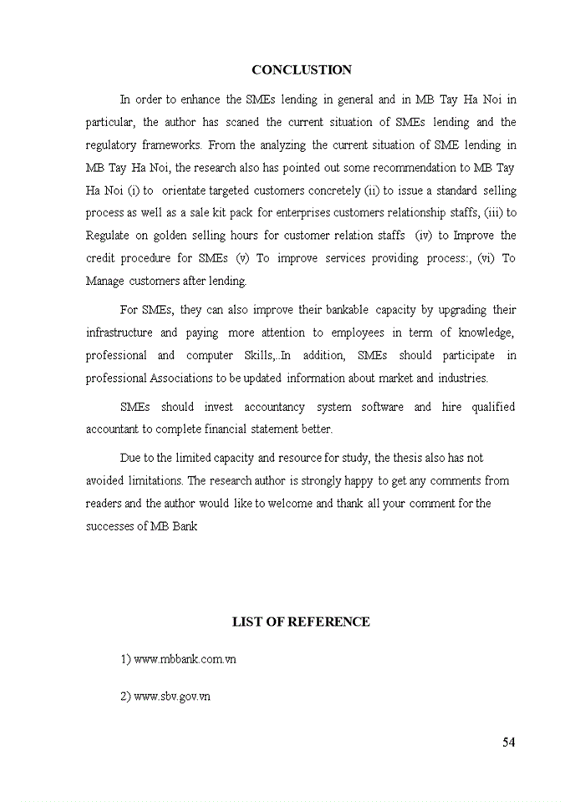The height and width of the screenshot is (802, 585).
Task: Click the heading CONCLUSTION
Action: coord(302,70)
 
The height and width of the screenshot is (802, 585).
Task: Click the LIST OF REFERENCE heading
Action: coord(301,622)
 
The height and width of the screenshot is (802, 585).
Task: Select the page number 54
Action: coord(509,743)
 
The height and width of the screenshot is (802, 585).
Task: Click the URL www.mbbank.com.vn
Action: coord(185,659)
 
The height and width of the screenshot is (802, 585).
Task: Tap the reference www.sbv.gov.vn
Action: coord(171,696)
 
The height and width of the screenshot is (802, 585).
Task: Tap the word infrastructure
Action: coord(122,332)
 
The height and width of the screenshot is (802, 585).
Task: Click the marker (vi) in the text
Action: coord(486,258)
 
